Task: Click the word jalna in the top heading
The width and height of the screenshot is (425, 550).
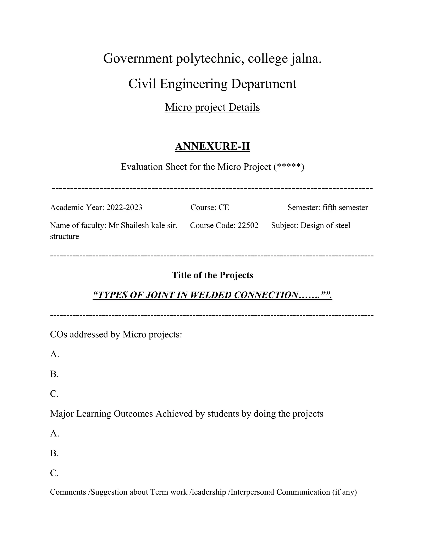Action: pos(306,59)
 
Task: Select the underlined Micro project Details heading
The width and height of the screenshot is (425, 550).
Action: pos(212,107)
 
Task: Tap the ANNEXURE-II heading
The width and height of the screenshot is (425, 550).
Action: pos(212,146)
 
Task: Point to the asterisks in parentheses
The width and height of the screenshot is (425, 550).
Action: pos(289,166)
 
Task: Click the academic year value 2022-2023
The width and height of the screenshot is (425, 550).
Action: pos(124,208)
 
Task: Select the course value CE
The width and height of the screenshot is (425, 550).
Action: pos(223,208)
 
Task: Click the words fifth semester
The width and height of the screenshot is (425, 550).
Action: pos(345,208)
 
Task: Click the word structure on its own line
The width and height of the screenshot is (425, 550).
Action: pos(65,236)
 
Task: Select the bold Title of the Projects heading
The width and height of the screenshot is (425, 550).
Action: pos(212,275)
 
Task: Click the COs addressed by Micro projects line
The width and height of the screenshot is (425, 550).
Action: pos(116,334)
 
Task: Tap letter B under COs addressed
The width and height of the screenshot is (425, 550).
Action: pos(54,374)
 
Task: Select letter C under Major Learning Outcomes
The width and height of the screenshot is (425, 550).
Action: pos(54,473)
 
